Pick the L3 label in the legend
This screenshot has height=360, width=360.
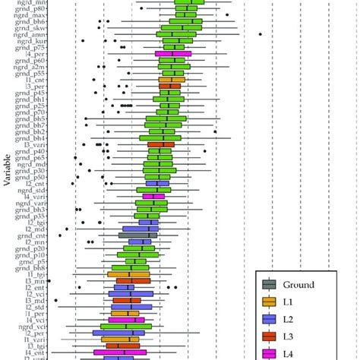pyautogui.click(x=288, y=335)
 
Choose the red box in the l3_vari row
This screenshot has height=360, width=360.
pyautogui.click(x=160, y=144)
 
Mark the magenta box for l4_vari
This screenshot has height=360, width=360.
pyautogui.click(x=153, y=197)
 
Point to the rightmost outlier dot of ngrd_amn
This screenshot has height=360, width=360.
pyautogui.click(x=261, y=34)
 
